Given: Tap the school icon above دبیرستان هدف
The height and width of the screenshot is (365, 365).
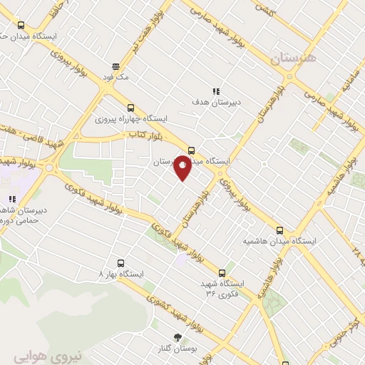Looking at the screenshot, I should (x=215, y=91).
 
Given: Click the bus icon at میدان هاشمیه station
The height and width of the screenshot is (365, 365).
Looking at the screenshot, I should (x=279, y=230).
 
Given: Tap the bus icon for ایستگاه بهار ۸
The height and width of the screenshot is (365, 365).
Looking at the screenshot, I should (x=120, y=262).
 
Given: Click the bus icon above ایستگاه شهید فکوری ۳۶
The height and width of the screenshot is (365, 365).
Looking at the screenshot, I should (x=222, y=272).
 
